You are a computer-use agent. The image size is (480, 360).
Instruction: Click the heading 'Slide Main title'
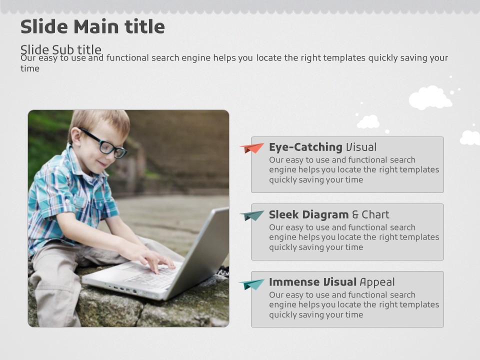tap(92, 26)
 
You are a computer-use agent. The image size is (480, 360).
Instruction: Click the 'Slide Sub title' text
tap(60, 49)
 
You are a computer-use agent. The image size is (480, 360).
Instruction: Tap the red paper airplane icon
tap(251, 148)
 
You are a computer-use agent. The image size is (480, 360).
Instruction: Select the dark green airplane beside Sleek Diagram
tap(251, 215)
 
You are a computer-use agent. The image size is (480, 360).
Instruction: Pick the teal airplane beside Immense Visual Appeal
tap(251, 284)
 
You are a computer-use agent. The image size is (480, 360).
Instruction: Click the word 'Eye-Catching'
tap(305, 147)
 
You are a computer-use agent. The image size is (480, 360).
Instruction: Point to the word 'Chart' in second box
tap(375, 214)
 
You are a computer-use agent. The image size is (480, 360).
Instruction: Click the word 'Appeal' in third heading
tap(377, 282)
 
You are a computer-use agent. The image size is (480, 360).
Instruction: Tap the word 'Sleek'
tap(284, 214)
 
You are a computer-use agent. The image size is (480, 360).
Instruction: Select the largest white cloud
tap(430, 97)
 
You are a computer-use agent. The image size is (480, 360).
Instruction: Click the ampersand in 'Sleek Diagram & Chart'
tap(355, 214)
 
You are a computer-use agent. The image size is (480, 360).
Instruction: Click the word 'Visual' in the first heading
tap(361, 147)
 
